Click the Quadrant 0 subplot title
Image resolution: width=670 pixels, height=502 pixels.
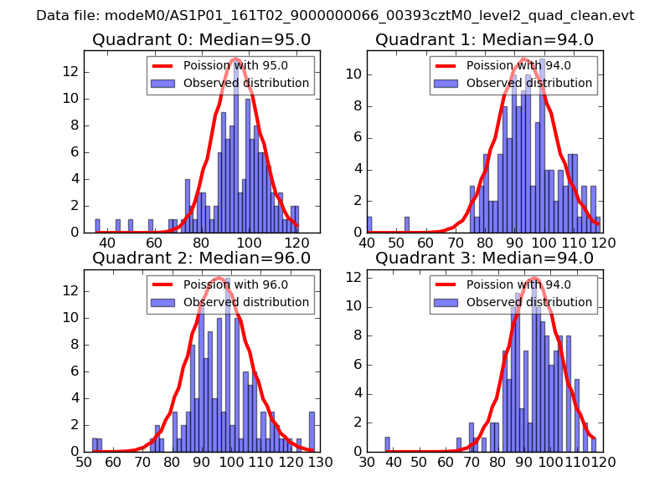201,40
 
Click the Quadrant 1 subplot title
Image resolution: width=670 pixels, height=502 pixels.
485,40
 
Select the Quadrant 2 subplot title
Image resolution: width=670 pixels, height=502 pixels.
201,259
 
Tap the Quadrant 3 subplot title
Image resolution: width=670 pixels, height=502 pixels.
485,259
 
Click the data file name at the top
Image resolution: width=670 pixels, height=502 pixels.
335,16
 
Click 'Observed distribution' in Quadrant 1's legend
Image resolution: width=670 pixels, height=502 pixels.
528,83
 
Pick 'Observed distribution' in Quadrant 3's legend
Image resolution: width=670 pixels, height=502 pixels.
528,302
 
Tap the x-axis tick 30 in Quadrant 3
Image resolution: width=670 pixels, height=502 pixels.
367,461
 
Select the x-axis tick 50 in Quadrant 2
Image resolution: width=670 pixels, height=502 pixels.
84,461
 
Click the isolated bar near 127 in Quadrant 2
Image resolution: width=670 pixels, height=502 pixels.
312,432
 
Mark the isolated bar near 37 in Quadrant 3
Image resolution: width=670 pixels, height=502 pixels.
387,444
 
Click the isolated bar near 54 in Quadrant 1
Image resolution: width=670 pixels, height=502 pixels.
407,225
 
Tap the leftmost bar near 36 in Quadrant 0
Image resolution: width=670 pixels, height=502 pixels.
97,226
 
